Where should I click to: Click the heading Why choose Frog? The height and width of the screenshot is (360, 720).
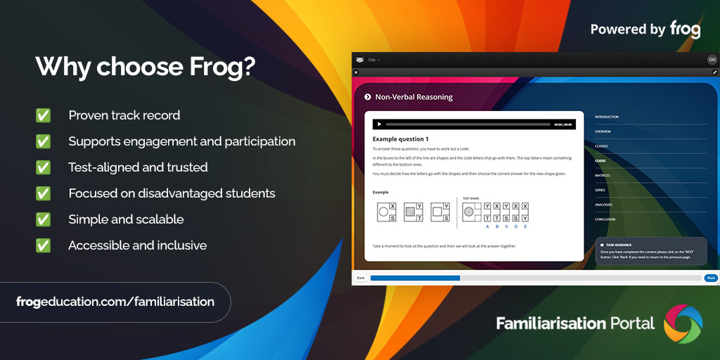click(x=146, y=67)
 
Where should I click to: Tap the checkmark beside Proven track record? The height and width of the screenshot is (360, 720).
click(x=44, y=115)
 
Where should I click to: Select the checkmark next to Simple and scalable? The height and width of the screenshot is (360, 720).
click(x=44, y=219)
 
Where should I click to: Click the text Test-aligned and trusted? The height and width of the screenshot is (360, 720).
click(x=138, y=167)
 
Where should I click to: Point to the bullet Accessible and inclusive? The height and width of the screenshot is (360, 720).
click(x=137, y=245)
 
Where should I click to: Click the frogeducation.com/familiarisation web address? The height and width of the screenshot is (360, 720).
click(x=115, y=302)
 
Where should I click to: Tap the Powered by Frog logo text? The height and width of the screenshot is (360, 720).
click(x=645, y=29)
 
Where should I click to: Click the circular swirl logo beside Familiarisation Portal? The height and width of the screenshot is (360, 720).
click(x=683, y=323)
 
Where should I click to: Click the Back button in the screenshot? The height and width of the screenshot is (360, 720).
click(x=361, y=278)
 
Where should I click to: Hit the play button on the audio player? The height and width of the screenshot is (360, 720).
click(x=380, y=124)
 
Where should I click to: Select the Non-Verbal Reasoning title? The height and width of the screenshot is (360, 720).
click(x=413, y=97)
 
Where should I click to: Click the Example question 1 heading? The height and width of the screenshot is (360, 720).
click(x=400, y=139)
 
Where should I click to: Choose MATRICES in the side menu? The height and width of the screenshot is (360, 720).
click(x=603, y=176)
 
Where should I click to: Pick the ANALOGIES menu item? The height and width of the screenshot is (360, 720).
click(x=603, y=205)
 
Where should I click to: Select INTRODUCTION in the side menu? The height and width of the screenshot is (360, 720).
click(x=607, y=117)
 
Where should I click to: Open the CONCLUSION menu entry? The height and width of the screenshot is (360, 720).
click(x=605, y=219)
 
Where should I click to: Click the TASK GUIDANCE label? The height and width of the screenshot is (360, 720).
click(x=619, y=245)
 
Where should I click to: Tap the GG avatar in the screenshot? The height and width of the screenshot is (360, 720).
click(x=712, y=60)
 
